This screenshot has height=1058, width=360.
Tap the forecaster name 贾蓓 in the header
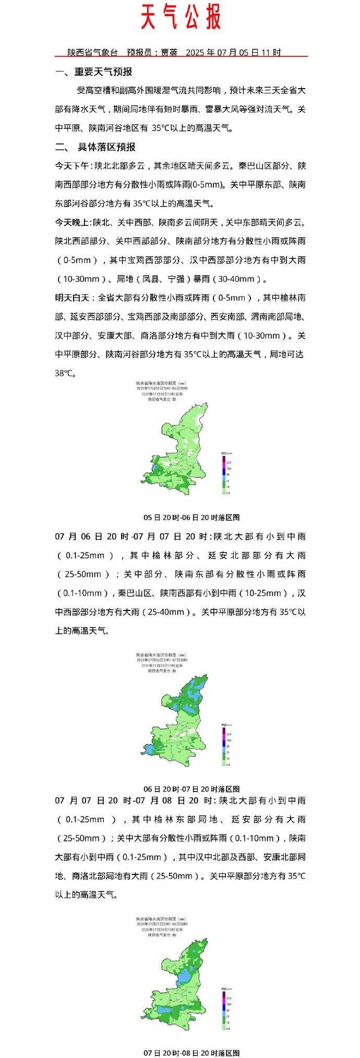tap(169, 52)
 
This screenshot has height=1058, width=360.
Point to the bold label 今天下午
tap(73, 166)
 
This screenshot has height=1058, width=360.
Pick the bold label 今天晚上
tap(73, 222)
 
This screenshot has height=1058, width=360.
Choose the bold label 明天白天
tap(73, 297)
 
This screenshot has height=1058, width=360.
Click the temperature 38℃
tap(65, 373)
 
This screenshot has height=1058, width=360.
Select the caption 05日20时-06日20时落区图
tap(191, 517)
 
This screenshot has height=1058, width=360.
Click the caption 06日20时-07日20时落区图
tap(191, 788)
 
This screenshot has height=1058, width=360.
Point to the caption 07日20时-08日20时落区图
tap(191, 1053)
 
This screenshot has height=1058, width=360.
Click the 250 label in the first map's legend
tap(229, 463)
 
